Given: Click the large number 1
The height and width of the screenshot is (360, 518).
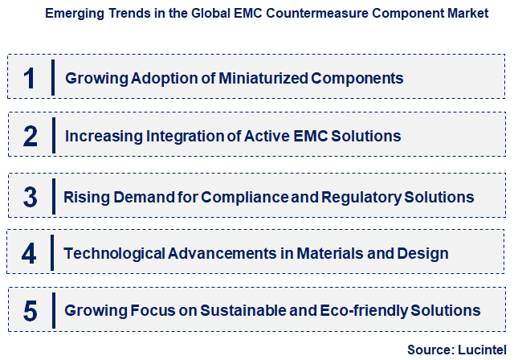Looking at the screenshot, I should click(x=30, y=78).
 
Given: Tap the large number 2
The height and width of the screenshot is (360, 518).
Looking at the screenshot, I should click(x=30, y=136).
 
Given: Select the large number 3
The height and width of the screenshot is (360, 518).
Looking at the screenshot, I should click(x=30, y=197).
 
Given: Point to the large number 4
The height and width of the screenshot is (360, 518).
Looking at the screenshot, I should click(x=30, y=254).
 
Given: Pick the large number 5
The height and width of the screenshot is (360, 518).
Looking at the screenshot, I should click(x=30, y=310).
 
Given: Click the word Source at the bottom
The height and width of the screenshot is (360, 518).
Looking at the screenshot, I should click(x=430, y=350).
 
